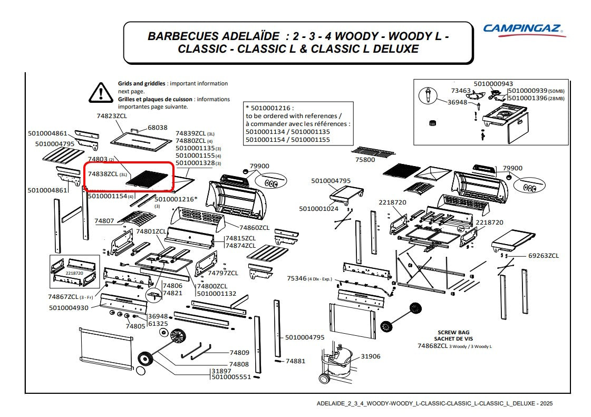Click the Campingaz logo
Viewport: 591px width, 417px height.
[x=524, y=30]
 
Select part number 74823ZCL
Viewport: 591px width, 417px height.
[x=112, y=115]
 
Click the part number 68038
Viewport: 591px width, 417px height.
[x=157, y=128]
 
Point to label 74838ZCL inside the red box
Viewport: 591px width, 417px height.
[x=103, y=174]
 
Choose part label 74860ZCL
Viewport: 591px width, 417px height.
[x=254, y=228]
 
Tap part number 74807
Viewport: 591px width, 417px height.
[x=104, y=221]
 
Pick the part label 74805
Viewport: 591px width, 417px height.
[x=135, y=326]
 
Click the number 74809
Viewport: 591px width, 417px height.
[x=239, y=352]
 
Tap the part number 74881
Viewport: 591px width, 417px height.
[x=295, y=361]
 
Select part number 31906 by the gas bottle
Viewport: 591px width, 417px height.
[x=370, y=356]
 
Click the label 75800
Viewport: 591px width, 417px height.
[x=365, y=159]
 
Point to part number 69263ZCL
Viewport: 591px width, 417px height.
[x=544, y=256]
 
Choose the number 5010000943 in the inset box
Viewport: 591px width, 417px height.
[x=493, y=84]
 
